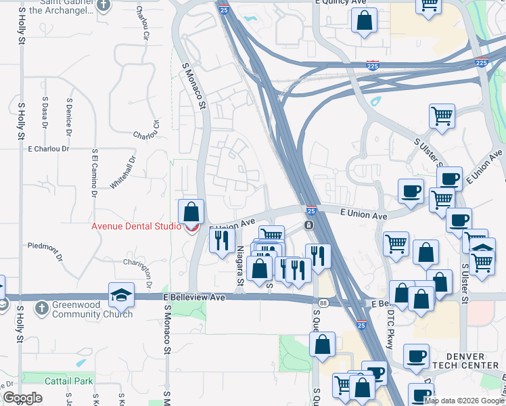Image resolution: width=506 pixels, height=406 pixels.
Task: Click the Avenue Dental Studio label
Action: [135, 226]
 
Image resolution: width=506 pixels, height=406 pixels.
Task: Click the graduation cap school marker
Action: [122, 296]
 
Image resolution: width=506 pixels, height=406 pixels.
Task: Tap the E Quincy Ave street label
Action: [341, 3]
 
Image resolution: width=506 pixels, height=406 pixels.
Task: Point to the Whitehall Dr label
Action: [123, 172]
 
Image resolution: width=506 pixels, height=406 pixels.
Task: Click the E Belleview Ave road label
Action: [193, 297]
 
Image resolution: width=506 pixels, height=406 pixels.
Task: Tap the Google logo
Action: [23, 398]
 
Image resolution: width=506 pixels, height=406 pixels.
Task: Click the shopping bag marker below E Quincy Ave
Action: [364, 22]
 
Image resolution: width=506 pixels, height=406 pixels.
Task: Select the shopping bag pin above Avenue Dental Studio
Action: [191, 211]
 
